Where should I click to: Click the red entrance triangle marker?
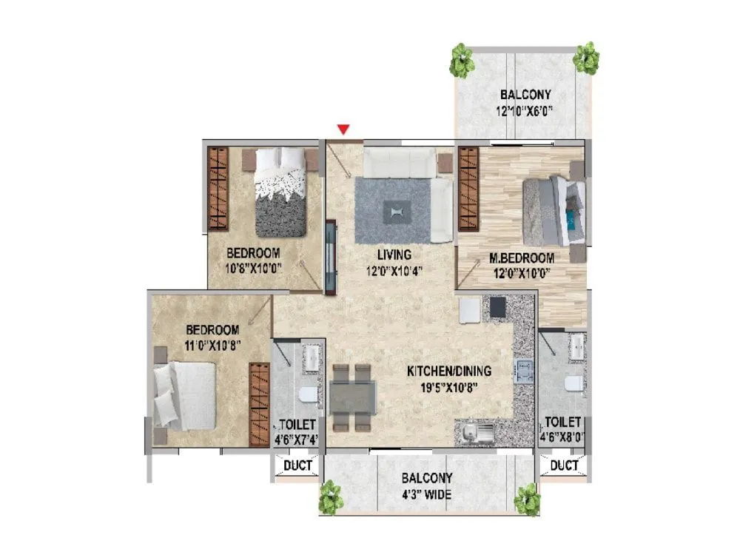[x=343, y=130]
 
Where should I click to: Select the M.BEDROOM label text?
[x=522, y=258]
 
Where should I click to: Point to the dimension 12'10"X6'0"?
[x=525, y=112]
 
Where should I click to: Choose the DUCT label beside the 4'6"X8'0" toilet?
[x=565, y=465]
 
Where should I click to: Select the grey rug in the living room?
[x=392, y=210]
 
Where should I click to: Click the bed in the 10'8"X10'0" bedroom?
[x=280, y=192]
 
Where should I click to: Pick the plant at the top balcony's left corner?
[x=462, y=61]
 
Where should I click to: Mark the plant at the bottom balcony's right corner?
[x=528, y=499]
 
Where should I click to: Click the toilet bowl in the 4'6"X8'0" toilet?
[x=572, y=384]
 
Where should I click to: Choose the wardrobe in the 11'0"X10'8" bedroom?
[x=259, y=403]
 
